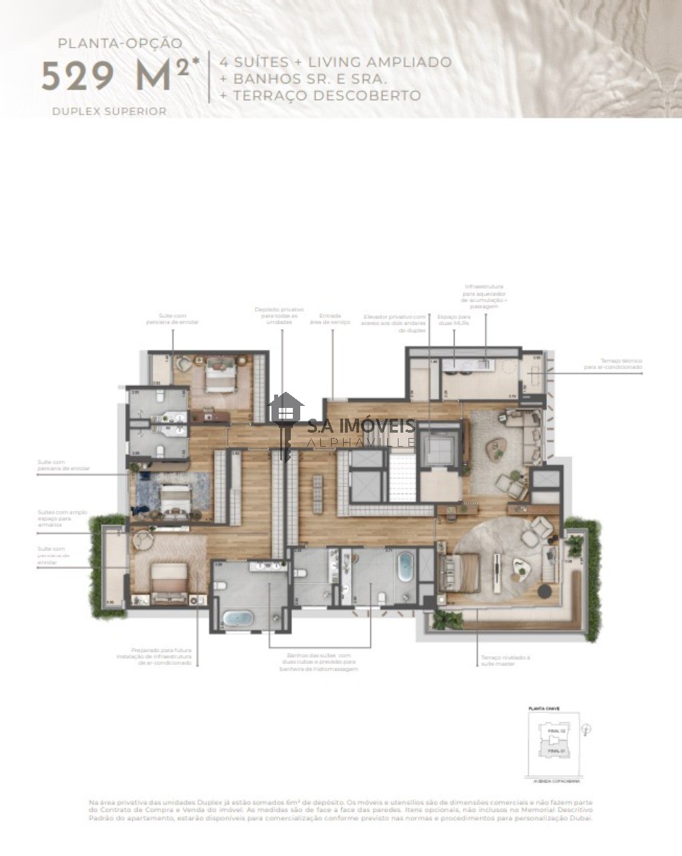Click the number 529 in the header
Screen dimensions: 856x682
78,76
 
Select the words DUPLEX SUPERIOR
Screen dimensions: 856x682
109,112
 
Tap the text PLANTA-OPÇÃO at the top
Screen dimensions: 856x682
120,43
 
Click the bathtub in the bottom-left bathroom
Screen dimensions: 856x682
238,617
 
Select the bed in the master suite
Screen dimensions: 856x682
461,573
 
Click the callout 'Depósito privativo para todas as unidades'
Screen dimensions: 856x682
279,316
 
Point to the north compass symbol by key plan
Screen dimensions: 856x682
586,730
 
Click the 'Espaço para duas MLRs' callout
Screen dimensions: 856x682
454,320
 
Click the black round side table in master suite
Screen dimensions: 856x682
545,591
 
